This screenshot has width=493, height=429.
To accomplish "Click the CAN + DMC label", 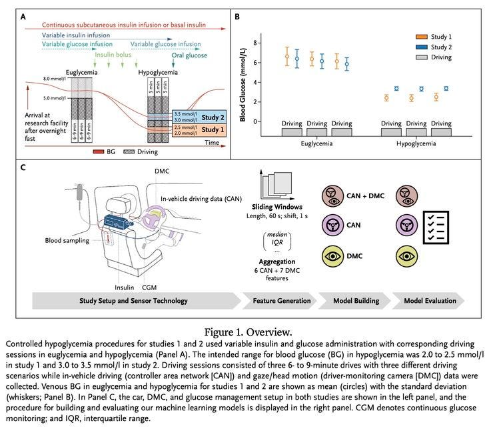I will [x=367, y=194].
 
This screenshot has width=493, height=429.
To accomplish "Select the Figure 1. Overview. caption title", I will [x=246, y=330].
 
